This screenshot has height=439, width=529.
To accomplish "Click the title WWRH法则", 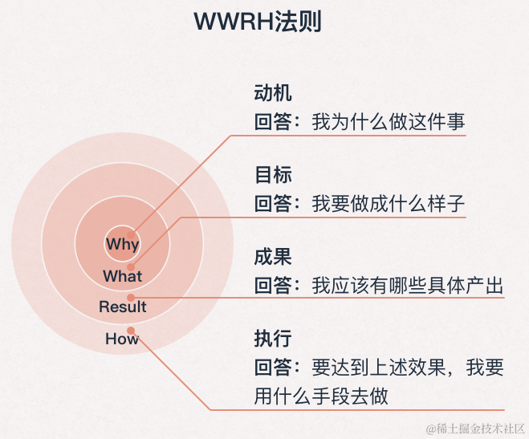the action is pos(258,22).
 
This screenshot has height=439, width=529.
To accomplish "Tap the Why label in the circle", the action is pos(122,244).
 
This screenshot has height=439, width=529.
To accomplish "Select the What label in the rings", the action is pos(122,276).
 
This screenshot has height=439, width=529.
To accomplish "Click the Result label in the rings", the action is pos(123,307).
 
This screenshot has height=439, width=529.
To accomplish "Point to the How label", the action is pos(122,339).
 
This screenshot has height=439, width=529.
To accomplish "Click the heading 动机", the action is pos(273,92).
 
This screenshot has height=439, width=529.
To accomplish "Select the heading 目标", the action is pos(273,174).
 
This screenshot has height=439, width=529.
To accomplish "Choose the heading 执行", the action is pos(273,338).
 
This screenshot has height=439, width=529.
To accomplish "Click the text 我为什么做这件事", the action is pos(389,123).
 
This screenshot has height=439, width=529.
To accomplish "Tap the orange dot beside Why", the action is pos(131,235).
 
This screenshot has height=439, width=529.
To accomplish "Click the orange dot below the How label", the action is pos(131,329).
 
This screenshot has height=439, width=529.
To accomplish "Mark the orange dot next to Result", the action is pos(131,297).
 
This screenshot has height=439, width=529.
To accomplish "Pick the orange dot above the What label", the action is pos(131,266).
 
